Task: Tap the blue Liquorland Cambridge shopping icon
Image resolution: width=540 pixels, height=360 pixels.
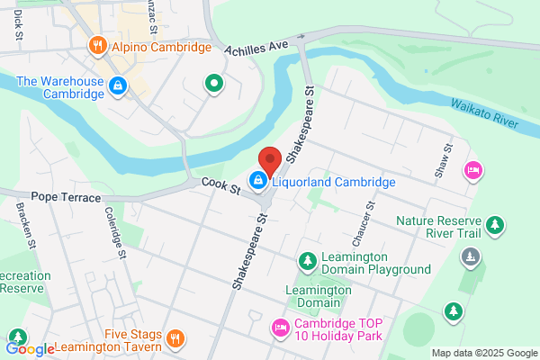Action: [x=258, y=182]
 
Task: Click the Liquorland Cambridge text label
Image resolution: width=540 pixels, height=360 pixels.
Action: [x=334, y=182]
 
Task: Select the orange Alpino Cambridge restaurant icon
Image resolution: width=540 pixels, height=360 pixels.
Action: [x=96, y=45]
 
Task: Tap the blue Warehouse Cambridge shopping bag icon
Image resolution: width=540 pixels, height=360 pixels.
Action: [x=116, y=86]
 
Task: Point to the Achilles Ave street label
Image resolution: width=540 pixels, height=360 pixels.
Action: [x=261, y=48]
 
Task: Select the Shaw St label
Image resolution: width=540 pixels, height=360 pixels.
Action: [x=447, y=159]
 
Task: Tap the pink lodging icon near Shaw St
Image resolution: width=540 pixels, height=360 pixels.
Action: [x=472, y=169]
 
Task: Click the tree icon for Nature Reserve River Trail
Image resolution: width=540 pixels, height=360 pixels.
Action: [x=493, y=224]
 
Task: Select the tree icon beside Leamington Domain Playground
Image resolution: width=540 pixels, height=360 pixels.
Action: [x=307, y=261]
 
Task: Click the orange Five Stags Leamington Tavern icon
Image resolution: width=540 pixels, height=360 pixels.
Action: [x=175, y=339]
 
